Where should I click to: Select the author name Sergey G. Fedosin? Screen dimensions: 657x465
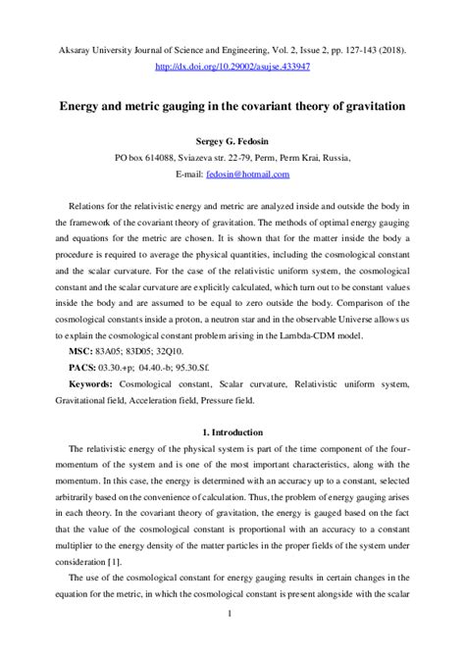coord(232,138)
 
